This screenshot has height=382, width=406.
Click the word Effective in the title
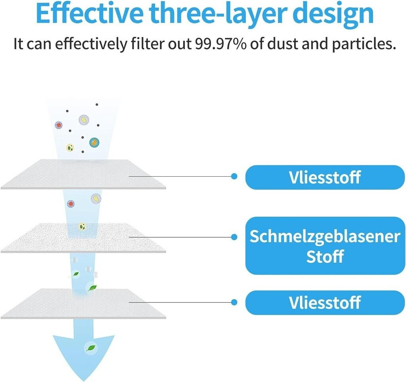pos(89,13)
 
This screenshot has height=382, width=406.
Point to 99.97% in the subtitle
pos(220,44)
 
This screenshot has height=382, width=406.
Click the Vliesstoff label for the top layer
pos(325,177)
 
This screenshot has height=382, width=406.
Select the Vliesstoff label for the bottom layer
pos(325,302)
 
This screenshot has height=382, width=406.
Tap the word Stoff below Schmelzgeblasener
pos(325,256)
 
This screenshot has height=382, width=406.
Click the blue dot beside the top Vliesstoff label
pos(234,176)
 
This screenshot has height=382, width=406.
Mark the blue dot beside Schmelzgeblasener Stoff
pos(234,237)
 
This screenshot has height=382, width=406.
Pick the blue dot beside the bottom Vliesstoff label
pos(234,302)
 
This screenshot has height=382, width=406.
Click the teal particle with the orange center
pos(94,142)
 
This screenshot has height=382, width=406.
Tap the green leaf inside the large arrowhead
pos(91,348)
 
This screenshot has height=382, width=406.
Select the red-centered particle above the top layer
pos(59,125)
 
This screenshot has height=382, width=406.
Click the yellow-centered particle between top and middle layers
pos(96,199)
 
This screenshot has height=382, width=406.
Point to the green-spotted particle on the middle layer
pos(82,226)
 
